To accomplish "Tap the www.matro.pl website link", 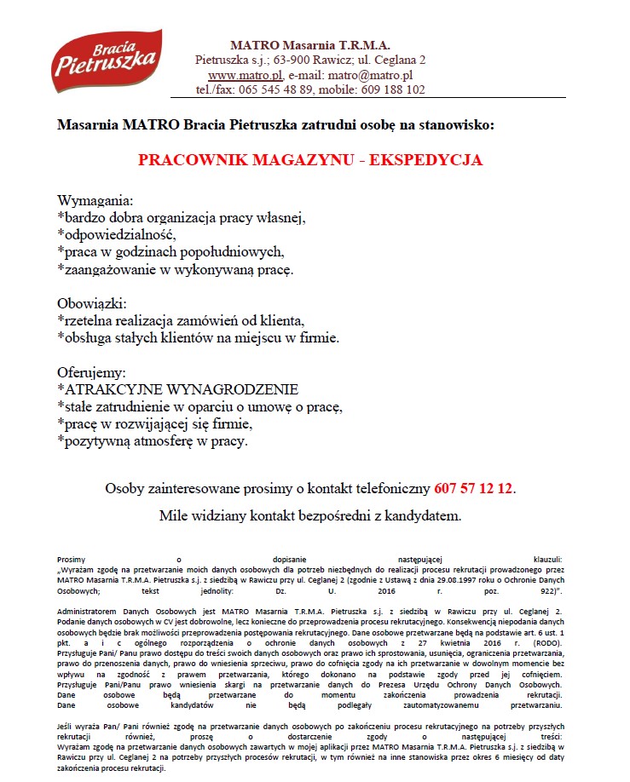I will [227, 75].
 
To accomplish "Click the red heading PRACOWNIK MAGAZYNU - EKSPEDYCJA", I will [310, 160].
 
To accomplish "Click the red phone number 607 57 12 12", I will [474, 489].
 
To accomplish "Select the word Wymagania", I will [95, 202].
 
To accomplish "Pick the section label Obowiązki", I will [91, 303].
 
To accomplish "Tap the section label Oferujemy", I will [91, 373].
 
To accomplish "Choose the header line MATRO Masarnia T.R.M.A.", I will [309, 45].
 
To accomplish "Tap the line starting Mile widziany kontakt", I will [310, 515].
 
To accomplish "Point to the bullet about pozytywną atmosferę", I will [152, 441].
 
